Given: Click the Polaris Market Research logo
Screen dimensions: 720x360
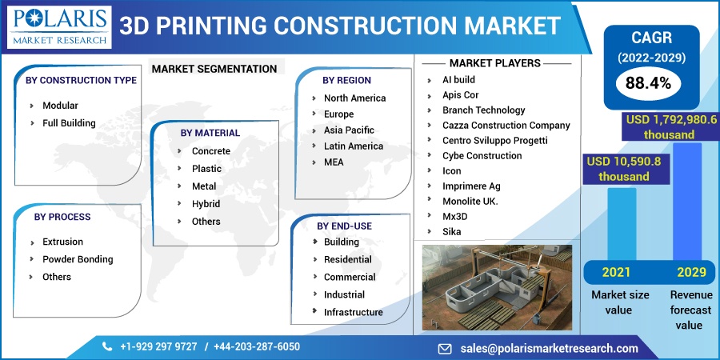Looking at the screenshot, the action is [x=60, y=27].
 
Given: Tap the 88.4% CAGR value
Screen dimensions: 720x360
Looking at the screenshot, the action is [x=648, y=83].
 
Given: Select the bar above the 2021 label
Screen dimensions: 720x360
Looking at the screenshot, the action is [x=622, y=225].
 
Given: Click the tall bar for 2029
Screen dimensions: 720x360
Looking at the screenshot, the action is [x=687, y=202].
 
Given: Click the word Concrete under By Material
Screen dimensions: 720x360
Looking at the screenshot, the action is [x=210, y=151].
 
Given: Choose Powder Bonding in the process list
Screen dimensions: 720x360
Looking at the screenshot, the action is [x=78, y=259].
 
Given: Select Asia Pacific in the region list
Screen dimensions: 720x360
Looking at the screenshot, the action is [x=349, y=130].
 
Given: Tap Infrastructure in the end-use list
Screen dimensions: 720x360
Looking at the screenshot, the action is [x=353, y=312].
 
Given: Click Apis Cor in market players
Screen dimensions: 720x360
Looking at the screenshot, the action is [x=460, y=95].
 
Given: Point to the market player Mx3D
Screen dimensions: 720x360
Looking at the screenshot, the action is [x=454, y=216].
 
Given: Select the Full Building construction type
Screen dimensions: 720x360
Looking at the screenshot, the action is [x=69, y=123].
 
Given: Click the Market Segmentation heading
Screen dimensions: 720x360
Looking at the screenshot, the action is [x=214, y=69].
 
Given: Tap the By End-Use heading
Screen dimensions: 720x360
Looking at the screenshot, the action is [x=344, y=226].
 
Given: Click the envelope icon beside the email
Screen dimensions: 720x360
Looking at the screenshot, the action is [x=445, y=349].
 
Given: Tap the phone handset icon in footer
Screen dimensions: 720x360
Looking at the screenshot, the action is [x=107, y=346].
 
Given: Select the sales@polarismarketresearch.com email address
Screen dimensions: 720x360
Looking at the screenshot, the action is [x=549, y=349].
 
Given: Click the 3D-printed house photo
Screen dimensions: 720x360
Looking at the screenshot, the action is [x=498, y=287].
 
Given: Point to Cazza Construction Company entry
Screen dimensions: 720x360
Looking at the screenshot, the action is [x=506, y=126].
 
